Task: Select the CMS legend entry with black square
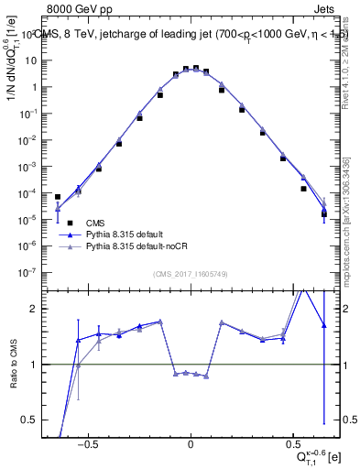[x=94, y=223]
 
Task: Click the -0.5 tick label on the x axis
[x=87, y=442]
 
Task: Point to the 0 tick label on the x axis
[x=191, y=442]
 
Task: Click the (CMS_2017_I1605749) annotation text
[x=191, y=275]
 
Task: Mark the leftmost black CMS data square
[x=58, y=197]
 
